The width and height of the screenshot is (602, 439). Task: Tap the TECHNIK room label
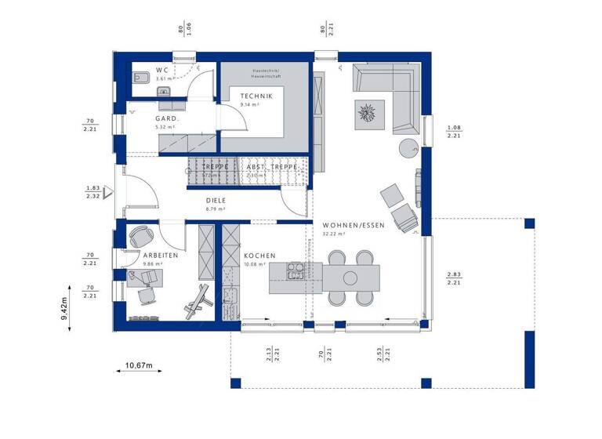pyautogui.click(x=256, y=96)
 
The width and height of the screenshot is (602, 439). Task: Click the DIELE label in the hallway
pyautogui.click(x=216, y=201)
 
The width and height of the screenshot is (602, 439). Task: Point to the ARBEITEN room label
pyautogui.click(x=160, y=256)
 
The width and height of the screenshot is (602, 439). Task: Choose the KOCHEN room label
pyautogui.click(x=259, y=256)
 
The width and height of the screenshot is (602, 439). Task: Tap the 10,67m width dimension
pyautogui.click(x=138, y=365)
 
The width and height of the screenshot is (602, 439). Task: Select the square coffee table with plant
pyautogui.click(x=368, y=113)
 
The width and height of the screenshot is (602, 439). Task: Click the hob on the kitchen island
pyautogui.click(x=296, y=271)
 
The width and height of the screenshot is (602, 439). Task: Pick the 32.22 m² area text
pyautogui.click(x=335, y=234)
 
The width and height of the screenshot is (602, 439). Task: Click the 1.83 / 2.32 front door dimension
pyautogui.click(x=92, y=193)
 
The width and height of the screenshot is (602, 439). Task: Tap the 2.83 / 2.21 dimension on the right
pyautogui.click(x=454, y=278)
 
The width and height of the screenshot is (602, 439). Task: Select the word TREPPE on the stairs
pyautogui.click(x=215, y=168)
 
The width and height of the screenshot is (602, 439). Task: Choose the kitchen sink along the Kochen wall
pyautogui.click(x=230, y=296)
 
